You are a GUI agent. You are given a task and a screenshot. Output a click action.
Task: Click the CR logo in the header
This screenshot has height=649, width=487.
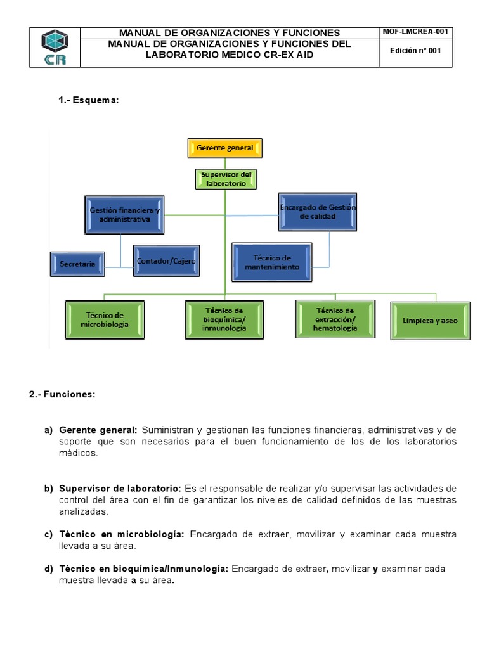coord(55,48)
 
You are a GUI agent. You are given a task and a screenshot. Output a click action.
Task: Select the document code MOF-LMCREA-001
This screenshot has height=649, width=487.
coord(417,32)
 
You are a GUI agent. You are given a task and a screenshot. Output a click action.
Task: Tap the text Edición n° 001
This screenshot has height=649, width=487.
coord(417,51)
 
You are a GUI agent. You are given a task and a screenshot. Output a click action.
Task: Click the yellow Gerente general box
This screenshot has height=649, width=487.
coord(225,148)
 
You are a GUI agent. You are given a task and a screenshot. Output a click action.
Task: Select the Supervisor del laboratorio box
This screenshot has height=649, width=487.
coord(226,179)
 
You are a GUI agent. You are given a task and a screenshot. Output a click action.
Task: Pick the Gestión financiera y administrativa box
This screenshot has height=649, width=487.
coord(124,214)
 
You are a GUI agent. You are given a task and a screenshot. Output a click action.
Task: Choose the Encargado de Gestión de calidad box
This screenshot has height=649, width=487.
coord(318,212)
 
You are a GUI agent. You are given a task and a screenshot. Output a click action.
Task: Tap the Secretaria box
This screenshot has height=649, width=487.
coord(78,264)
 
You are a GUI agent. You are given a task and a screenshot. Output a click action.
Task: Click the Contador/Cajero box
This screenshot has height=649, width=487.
coord(167,260)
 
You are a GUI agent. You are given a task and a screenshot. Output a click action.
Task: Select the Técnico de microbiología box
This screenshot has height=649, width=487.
coord(105,319)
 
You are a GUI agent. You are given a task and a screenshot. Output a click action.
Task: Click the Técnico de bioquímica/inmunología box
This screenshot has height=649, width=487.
coord(224,319)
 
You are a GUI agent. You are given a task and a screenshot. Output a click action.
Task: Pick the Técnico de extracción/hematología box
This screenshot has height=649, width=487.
coord(335,319)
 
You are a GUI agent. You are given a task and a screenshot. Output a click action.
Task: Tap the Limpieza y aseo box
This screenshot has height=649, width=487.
coord(430,321)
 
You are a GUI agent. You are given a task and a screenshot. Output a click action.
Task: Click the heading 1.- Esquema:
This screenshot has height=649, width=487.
coord(88,100)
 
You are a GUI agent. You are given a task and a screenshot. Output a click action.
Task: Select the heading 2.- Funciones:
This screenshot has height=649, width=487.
coord(62,394)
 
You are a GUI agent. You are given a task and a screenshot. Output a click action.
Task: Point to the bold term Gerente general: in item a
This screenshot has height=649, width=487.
coord(98,430)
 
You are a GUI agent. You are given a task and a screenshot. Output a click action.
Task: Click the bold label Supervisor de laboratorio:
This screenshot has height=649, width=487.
coord(120,488)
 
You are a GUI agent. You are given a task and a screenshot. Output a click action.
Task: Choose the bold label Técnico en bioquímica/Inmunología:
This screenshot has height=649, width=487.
coord(143,569)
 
